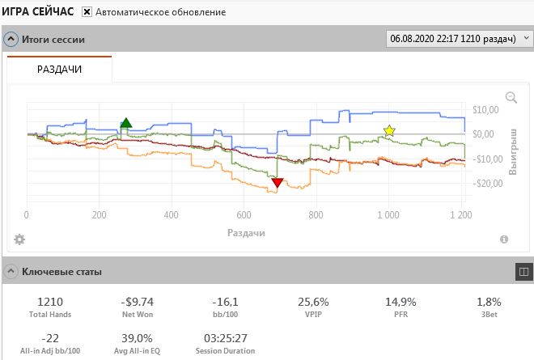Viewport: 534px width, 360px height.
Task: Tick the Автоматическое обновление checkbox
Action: point(87,12)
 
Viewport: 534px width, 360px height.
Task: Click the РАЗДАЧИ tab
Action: point(59,69)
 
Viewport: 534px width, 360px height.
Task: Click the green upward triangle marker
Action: point(126,123)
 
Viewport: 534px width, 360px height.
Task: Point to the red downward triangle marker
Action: point(278,183)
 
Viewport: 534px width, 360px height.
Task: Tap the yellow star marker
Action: point(389,130)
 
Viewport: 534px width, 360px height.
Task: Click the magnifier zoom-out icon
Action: point(511,97)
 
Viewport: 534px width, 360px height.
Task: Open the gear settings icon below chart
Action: point(19,239)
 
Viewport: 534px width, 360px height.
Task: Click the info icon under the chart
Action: point(504,239)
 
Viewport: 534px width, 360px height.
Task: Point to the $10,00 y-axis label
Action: point(485,110)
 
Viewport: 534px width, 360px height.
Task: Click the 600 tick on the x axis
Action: point(244,215)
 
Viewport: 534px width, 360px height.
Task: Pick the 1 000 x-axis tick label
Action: point(388,215)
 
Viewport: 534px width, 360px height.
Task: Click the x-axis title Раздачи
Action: point(246,233)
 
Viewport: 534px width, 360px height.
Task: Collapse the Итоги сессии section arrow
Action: point(11,39)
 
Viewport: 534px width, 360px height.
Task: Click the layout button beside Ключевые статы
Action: point(523,272)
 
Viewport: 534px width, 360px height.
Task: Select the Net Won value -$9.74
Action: point(138,302)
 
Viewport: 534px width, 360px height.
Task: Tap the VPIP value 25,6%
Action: point(313,302)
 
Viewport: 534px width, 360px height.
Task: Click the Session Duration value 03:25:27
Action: point(226,338)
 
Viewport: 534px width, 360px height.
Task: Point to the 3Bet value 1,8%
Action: point(489,302)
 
